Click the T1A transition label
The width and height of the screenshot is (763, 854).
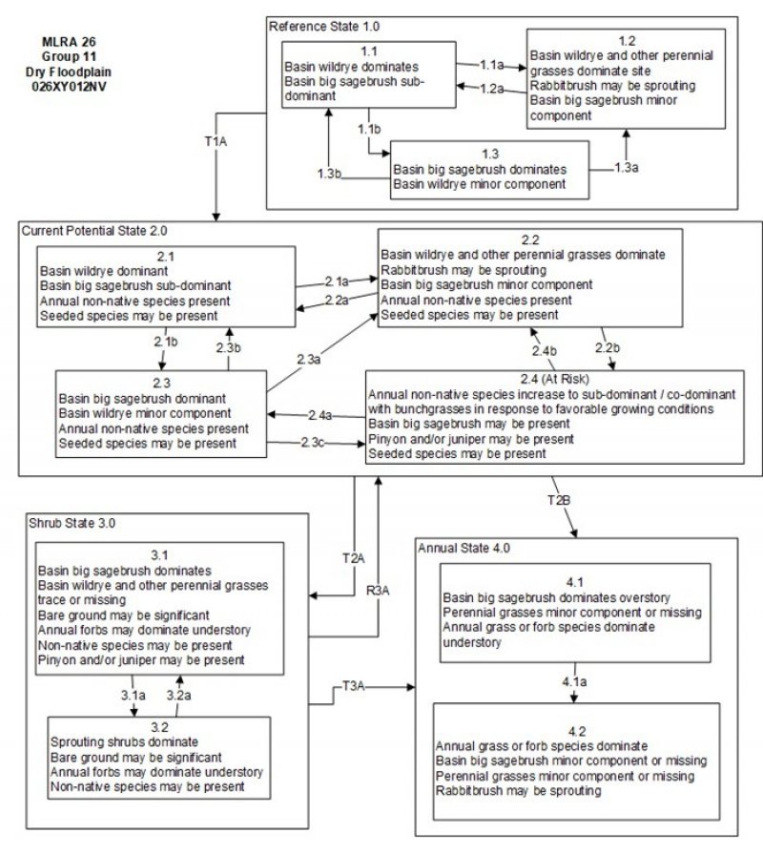217,140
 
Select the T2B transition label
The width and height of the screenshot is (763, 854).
560,500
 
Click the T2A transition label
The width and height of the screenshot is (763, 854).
354,556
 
